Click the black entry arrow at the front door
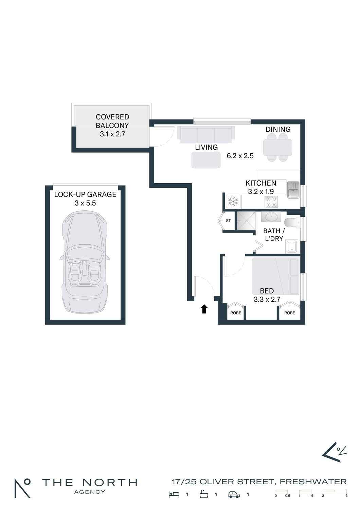click(204, 309)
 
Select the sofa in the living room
click(206, 134)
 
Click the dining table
click(277, 147)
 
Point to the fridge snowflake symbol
click(233, 201)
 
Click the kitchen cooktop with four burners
click(271, 202)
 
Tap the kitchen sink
click(293, 190)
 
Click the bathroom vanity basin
click(271, 217)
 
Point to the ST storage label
click(228, 221)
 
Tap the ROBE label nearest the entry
click(236, 313)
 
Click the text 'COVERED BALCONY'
click(112, 121)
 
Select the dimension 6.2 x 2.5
click(240, 156)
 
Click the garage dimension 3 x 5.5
click(85, 203)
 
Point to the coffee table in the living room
click(206, 160)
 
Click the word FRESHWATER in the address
click(313, 482)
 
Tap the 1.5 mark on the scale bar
click(311, 495)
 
